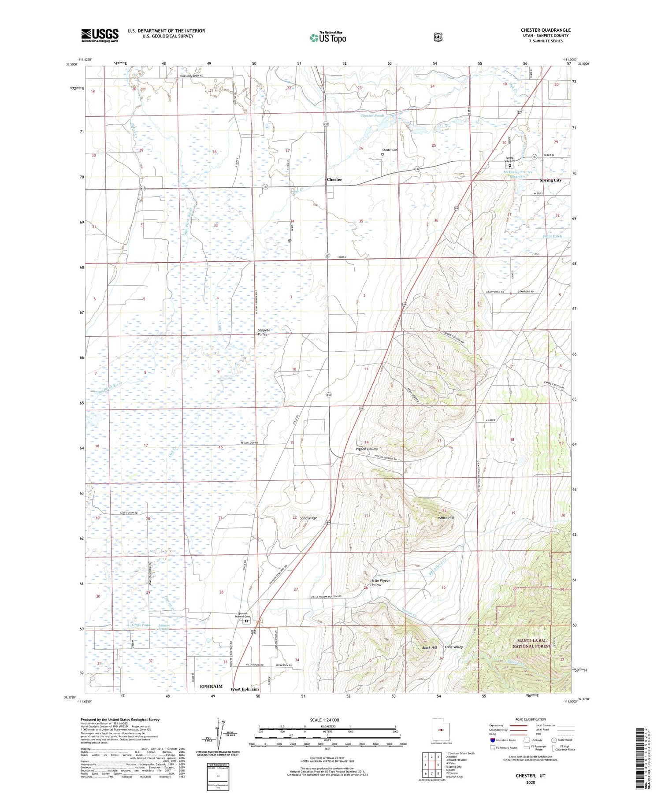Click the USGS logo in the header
tap(100, 35)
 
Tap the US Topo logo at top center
tap(328, 37)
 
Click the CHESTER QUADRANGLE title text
tap(545, 30)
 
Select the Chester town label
tap(334, 179)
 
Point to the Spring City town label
tap(550, 180)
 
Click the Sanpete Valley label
tap(262, 332)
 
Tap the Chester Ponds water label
tap(372, 115)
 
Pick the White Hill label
tap(446, 518)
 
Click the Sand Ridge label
tap(308, 518)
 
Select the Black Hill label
tap(429, 647)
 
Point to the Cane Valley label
tap(453, 647)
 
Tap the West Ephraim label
tap(245, 689)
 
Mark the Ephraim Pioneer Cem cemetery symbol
tap(246, 621)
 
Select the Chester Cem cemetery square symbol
tap(382, 154)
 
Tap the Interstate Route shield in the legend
tap(493, 740)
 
